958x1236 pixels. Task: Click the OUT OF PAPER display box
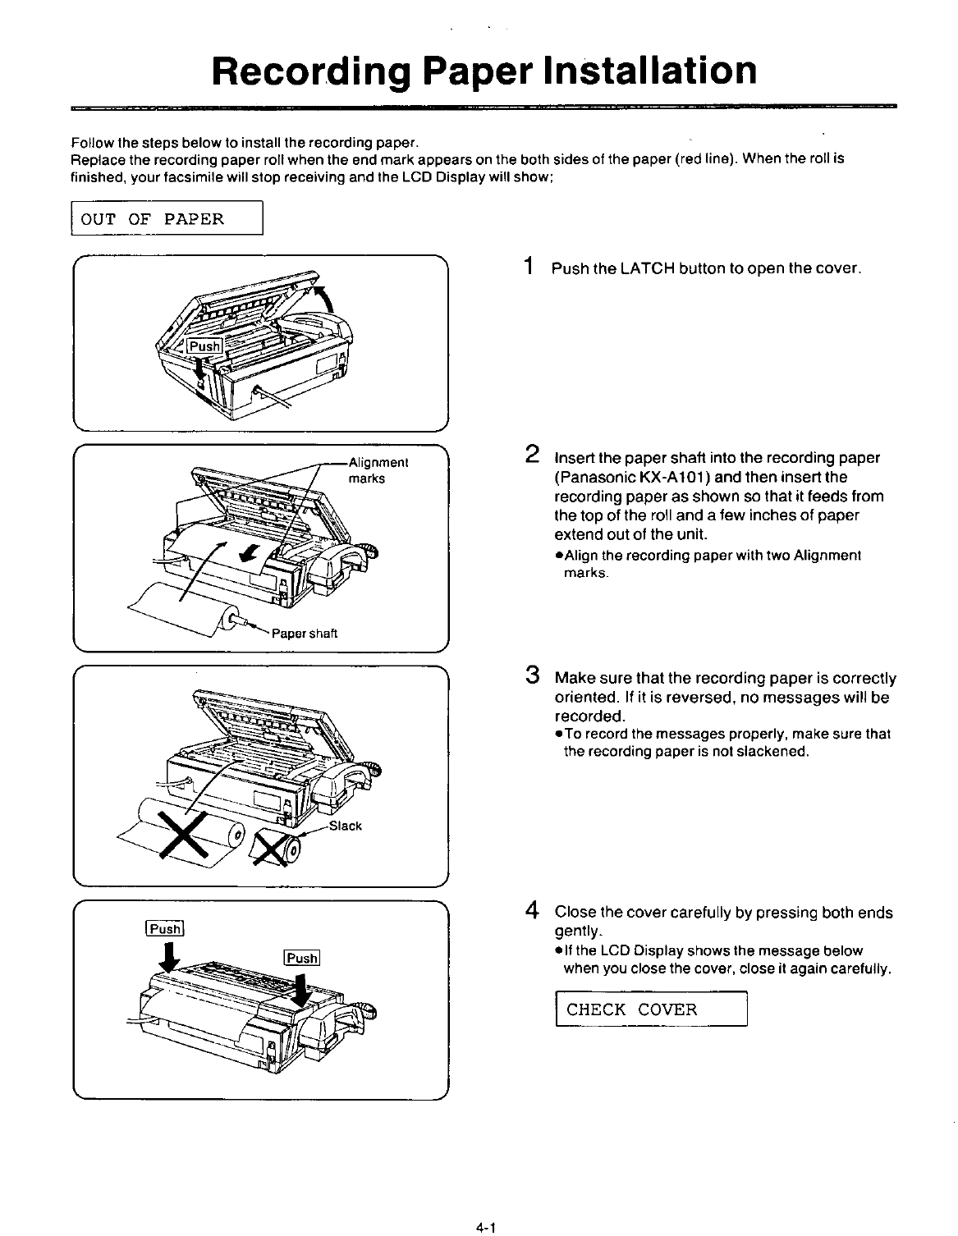167,219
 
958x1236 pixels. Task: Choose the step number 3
532,677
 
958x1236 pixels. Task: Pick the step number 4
532,910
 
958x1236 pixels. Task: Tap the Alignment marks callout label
378,469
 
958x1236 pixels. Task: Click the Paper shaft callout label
305,634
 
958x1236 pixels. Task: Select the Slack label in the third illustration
345,826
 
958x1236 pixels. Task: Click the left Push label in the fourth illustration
167,929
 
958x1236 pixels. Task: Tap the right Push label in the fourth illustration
301,958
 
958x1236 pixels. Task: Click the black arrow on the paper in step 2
245,556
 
